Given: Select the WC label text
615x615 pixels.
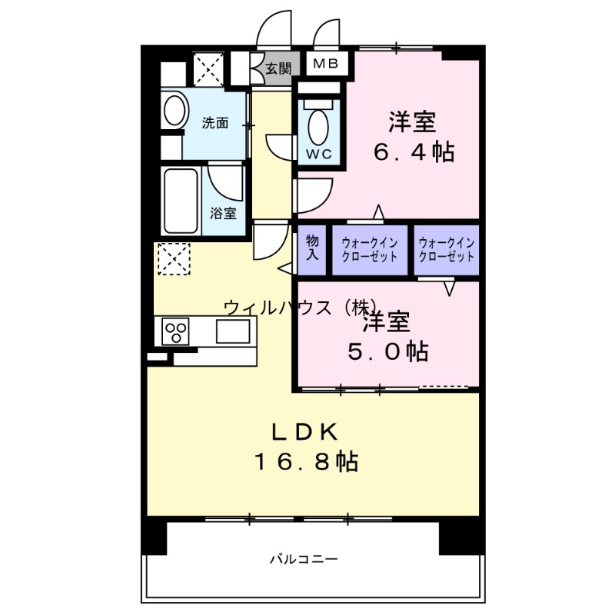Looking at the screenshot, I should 320,154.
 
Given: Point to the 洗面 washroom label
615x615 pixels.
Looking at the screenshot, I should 215,122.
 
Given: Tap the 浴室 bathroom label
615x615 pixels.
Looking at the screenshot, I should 223,213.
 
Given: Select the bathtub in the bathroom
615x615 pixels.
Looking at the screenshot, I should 181,201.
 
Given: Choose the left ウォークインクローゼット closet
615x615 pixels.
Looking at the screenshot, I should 370,249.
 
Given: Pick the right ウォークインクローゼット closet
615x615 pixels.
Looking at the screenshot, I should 447,249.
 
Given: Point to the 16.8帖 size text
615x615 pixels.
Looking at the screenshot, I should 306,461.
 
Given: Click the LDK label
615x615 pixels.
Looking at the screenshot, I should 304,431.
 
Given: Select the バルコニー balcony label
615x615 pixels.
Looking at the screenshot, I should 303,559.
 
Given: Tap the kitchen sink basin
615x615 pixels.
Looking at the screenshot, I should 233,332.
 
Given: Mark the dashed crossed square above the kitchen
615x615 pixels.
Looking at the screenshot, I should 173,258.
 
